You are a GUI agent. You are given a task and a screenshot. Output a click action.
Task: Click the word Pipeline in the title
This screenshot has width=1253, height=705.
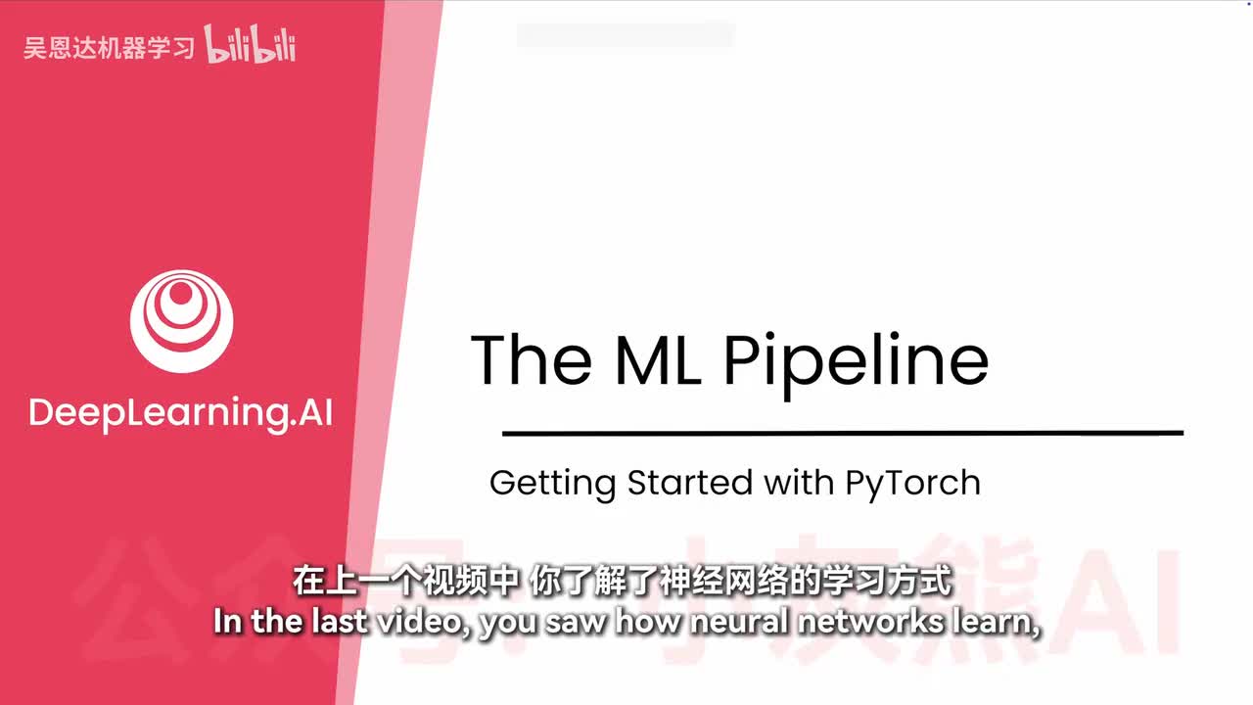pos(856,360)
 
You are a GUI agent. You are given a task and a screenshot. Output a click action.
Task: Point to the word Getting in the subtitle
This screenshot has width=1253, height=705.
pos(552,484)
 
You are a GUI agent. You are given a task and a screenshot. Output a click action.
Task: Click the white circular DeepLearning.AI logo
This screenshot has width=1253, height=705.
pos(182,320)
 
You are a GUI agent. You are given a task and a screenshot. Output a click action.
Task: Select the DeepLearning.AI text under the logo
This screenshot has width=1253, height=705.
pos(180,413)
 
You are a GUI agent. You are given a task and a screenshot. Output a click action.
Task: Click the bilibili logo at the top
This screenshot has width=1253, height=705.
pos(251,46)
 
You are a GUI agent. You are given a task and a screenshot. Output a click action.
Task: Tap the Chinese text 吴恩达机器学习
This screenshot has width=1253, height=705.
pos(109,48)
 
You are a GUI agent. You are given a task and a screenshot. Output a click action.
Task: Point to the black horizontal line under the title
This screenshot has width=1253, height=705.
pos(842,432)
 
